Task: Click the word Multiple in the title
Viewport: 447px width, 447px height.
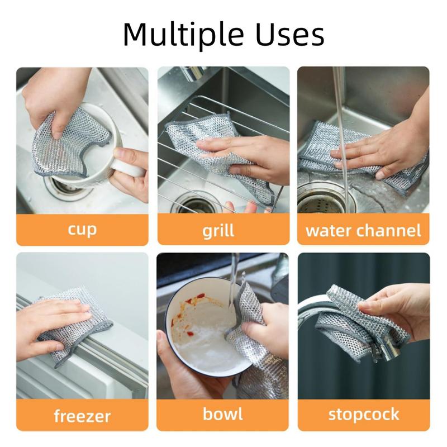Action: pos(183,34)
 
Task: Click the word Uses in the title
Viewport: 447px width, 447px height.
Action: pos(290,34)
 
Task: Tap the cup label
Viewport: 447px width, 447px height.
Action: pos(82,230)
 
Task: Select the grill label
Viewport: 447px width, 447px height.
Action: pos(218,230)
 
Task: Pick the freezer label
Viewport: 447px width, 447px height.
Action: pos(82,416)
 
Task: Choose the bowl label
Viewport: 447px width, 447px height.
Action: pos(222,413)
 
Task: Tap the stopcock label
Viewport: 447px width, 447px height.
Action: pos(364,415)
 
